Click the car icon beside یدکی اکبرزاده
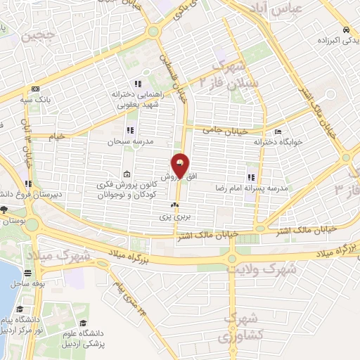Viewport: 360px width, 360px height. [x=347, y=30]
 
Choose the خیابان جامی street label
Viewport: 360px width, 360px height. [x=223, y=129]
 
